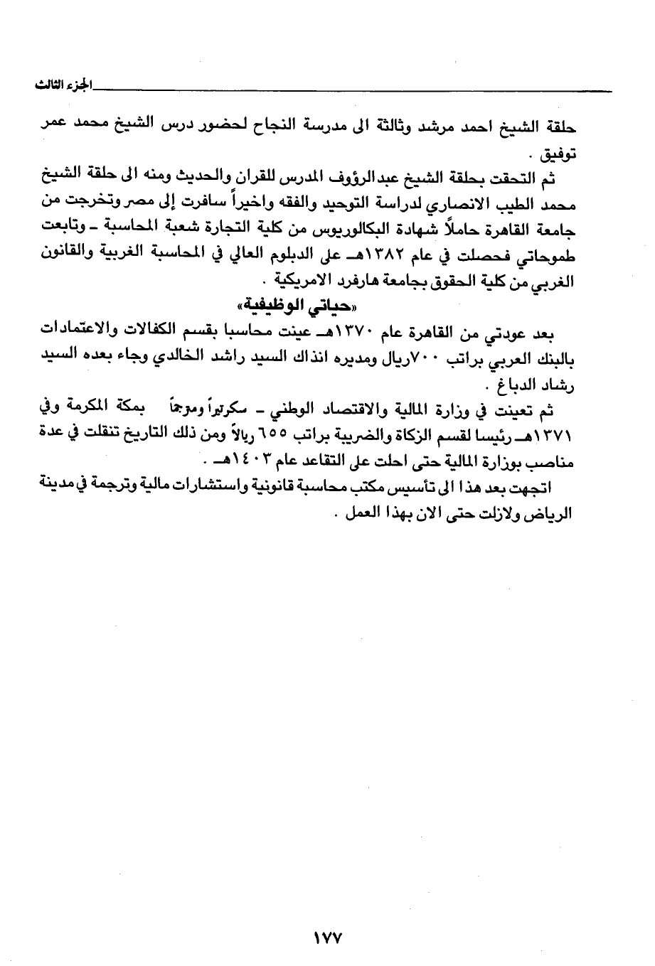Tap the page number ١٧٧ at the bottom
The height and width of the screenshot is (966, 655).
[328, 938]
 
